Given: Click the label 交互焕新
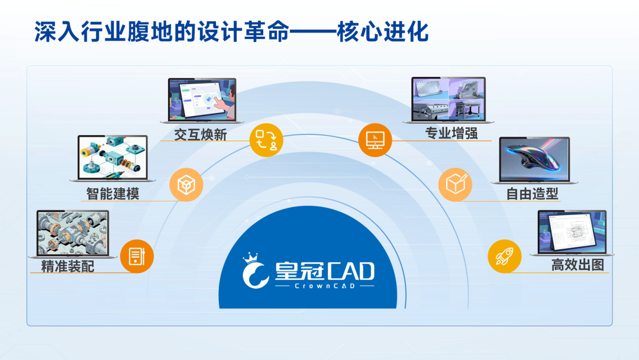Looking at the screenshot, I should pos(201,134).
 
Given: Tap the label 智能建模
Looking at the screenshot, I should pos(112,193).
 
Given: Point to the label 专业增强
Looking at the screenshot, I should pos(451,133).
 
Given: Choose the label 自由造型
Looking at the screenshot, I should pos(532,194).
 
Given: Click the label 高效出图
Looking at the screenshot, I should pos(577,265).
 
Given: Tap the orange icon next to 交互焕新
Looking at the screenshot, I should pos(266,140).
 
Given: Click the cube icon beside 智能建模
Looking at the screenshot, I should pos(186,185).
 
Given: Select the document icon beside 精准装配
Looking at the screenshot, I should pos(137,256).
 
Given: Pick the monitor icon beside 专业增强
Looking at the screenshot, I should pos(375,140).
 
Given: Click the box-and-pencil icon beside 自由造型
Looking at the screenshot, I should pos(455,185).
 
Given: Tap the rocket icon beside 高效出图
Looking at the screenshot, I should pos(504,256).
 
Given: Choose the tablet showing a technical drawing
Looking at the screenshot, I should pos(571,233).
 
